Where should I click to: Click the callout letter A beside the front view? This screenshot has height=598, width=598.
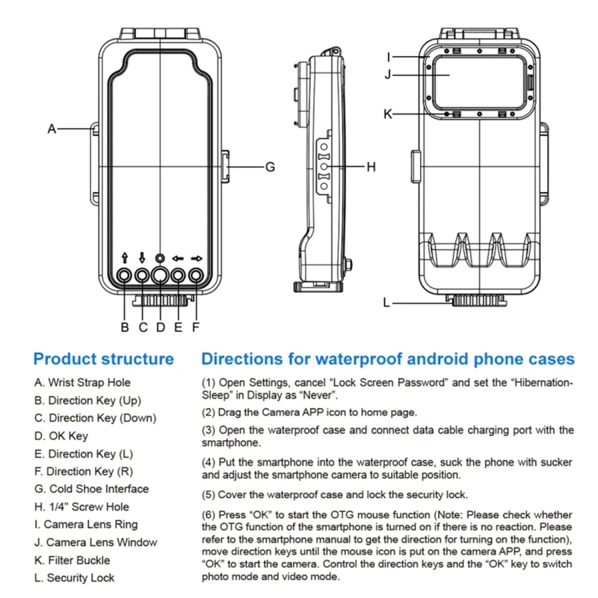(x=52, y=129)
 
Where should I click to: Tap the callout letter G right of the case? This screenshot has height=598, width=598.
(x=270, y=167)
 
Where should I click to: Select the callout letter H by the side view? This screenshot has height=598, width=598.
(x=370, y=166)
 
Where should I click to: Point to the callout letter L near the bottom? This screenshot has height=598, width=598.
(x=386, y=303)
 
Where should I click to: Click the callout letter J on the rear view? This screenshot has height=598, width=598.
(x=388, y=74)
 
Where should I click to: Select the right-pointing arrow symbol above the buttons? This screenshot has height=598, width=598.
(x=197, y=259)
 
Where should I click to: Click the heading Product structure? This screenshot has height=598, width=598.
(x=103, y=360)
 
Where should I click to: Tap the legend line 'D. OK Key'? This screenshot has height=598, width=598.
(x=61, y=436)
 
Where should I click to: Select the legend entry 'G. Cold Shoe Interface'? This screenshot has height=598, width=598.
(x=91, y=489)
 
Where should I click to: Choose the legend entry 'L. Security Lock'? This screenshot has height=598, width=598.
(x=74, y=578)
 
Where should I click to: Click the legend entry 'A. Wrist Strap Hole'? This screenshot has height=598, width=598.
(x=81, y=382)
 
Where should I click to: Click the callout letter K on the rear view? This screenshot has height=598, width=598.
(x=388, y=114)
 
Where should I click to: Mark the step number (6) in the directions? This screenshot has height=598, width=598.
(x=209, y=515)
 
